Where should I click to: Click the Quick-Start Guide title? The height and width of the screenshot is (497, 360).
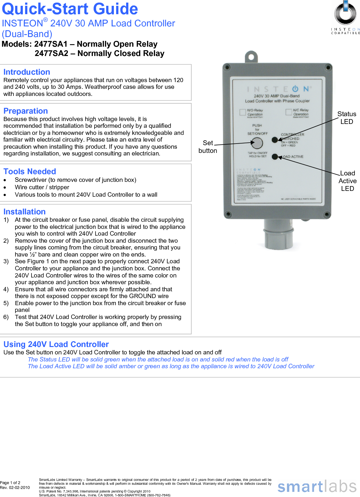click(x=70, y=9)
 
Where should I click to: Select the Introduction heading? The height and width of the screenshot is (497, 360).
click(x=27, y=72)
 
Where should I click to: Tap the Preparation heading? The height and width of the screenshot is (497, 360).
click(x=26, y=111)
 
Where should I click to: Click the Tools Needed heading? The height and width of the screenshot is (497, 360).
click(x=30, y=172)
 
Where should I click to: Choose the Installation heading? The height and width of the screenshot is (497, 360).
click(x=24, y=212)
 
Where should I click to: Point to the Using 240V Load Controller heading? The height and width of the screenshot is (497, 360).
click(x=56, y=344)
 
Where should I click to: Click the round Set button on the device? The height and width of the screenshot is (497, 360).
click(x=257, y=143)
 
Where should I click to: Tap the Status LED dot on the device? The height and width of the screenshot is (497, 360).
click(x=275, y=140)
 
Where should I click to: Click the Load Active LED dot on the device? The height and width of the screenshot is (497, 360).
click(x=275, y=157)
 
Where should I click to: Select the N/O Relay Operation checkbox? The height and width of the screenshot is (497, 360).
click(x=243, y=112)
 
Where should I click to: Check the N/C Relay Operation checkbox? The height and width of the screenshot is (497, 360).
click(x=289, y=112)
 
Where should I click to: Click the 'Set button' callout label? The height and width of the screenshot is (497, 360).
click(x=208, y=147)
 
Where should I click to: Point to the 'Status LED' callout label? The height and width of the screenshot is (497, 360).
click(x=346, y=118)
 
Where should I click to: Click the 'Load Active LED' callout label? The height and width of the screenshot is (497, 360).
click(x=347, y=181)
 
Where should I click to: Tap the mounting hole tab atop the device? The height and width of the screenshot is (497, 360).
click(x=251, y=57)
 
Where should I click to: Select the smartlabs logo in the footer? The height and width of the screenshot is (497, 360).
click(x=317, y=487)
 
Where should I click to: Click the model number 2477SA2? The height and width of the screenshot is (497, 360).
click(x=51, y=53)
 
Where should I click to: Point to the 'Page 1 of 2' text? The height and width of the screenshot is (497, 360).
click(x=10, y=483)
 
